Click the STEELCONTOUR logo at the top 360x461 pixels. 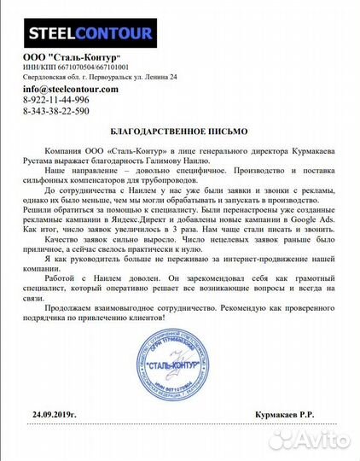click(x=92, y=34)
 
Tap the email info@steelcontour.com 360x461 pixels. click(x=70, y=89)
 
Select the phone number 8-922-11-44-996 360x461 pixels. click(x=55, y=100)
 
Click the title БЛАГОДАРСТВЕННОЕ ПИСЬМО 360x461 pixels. click(x=179, y=133)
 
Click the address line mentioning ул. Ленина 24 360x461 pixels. click(x=101, y=78)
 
